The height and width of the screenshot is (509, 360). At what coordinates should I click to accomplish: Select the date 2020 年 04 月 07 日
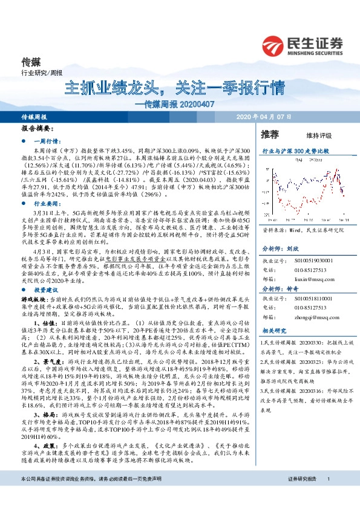tap(265, 117)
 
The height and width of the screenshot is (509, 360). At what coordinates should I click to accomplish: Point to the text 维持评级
tap(310, 135)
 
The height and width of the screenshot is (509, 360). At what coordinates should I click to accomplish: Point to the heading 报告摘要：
tap(36, 129)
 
